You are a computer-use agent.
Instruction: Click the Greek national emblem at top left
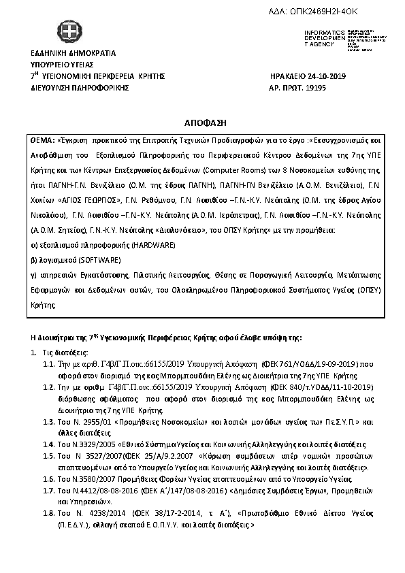point(67,32)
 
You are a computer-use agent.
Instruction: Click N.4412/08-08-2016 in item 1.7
point(100,490)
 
